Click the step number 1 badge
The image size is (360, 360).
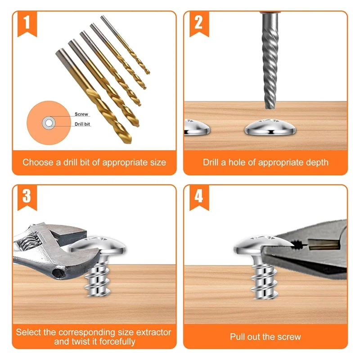pyautogui.click(x=27, y=22)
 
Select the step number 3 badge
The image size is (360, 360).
pyautogui.click(x=27, y=196)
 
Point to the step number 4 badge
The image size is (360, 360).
pyautogui.click(x=198, y=196)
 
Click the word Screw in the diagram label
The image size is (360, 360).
pyautogui.click(x=81, y=114)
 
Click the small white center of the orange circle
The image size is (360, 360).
pyautogui.click(x=48, y=122)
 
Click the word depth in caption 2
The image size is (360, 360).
pyautogui.click(x=315, y=162)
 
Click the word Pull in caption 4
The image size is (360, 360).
pyautogui.click(x=238, y=337)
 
